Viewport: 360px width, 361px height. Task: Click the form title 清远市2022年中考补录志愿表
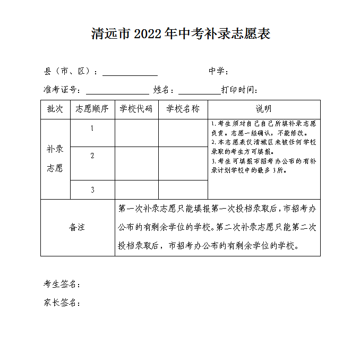point(181,34)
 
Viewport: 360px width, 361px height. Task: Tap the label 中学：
point(219,72)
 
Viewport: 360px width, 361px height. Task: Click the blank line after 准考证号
point(117,91)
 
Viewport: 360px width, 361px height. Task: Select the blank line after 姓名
point(199,91)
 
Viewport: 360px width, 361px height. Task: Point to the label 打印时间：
point(239,90)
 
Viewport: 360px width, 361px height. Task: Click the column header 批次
point(55,109)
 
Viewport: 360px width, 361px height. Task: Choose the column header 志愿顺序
point(92,109)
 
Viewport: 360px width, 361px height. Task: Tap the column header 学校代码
point(136,109)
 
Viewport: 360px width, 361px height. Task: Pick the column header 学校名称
point(183,109)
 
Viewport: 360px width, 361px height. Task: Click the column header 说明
point(264,109)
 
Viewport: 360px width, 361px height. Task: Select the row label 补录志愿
point(55,159)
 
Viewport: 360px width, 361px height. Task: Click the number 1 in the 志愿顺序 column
point(92,128)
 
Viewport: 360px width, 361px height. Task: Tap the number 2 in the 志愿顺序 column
point(92,156)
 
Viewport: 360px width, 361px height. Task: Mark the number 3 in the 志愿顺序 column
point(92,190)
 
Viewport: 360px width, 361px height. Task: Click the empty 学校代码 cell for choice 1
point(136,133)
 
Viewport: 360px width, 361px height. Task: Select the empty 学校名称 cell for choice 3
point(183,190)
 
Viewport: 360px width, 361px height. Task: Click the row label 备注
point(77,228)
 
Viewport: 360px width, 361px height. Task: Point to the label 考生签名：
point(62,285)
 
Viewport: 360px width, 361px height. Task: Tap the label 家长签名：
point(62,303)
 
